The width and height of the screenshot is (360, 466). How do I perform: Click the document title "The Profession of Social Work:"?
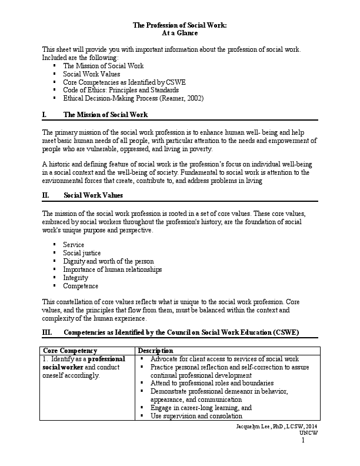coord(179,26)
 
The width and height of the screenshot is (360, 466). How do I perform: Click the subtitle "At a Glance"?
coord(179,34)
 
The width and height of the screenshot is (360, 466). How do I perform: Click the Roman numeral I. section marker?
coord(45,114)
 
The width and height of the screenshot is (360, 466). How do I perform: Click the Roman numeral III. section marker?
coord(47,332)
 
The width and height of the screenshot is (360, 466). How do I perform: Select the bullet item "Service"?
coord(74,244)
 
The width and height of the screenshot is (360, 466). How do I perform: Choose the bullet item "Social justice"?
coord(82,252)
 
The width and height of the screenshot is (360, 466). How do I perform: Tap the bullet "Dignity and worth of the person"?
coord(108,261)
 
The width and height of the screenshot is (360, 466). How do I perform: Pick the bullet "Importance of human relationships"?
coord(112,269)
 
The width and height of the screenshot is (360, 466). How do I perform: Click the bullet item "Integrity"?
coord(76,277)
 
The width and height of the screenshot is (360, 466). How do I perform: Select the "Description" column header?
coord(155,350)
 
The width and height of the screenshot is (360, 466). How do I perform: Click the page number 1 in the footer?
coord(304,440)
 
